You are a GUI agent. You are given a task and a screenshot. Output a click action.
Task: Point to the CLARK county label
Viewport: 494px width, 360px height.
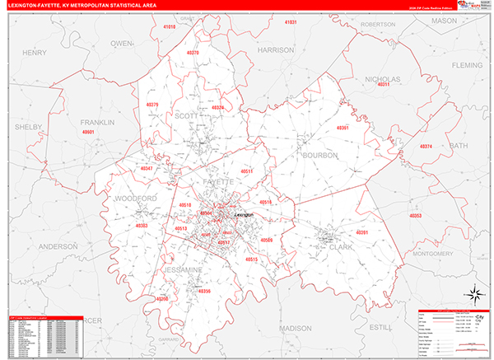coord(334,245)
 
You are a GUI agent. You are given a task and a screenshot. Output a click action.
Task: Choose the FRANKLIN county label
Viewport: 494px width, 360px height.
coord(97,123)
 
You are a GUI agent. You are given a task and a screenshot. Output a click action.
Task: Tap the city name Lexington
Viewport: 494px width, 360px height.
coord(246,215)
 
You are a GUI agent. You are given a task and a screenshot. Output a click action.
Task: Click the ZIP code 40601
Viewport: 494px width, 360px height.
coord(88,133)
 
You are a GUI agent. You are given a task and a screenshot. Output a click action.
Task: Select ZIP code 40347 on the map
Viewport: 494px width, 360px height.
coord(147,168)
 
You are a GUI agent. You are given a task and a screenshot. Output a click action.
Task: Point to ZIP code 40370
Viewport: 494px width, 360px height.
coord(193,53)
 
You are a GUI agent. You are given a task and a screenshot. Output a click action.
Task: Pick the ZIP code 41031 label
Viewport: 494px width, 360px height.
coord(290,22)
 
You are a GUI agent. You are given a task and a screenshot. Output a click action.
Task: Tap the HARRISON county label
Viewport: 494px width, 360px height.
coord(275,50)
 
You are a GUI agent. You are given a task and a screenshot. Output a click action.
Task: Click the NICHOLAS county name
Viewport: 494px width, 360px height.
coord(381,79)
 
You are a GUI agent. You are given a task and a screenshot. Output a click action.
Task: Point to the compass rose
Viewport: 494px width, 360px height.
coord(473,294)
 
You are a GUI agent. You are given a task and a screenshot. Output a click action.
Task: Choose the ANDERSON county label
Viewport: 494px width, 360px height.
coord(58,246)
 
